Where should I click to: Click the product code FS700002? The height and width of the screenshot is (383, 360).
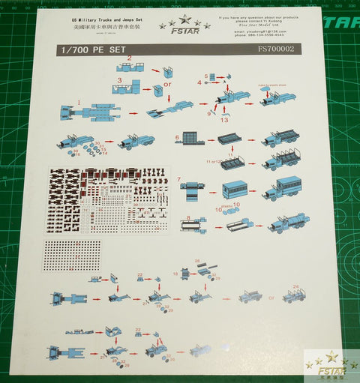click(275, 49)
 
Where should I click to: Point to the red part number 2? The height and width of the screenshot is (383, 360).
click(130, 58)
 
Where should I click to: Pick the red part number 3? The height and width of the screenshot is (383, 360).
click(119, 79)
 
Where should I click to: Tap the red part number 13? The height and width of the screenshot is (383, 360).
click(223, 119)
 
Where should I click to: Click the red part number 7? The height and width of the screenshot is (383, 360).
click(180, 179)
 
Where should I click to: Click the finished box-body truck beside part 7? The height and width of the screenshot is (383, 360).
click(282, 188)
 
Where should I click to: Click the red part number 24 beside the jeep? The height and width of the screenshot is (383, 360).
click(296, 286)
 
